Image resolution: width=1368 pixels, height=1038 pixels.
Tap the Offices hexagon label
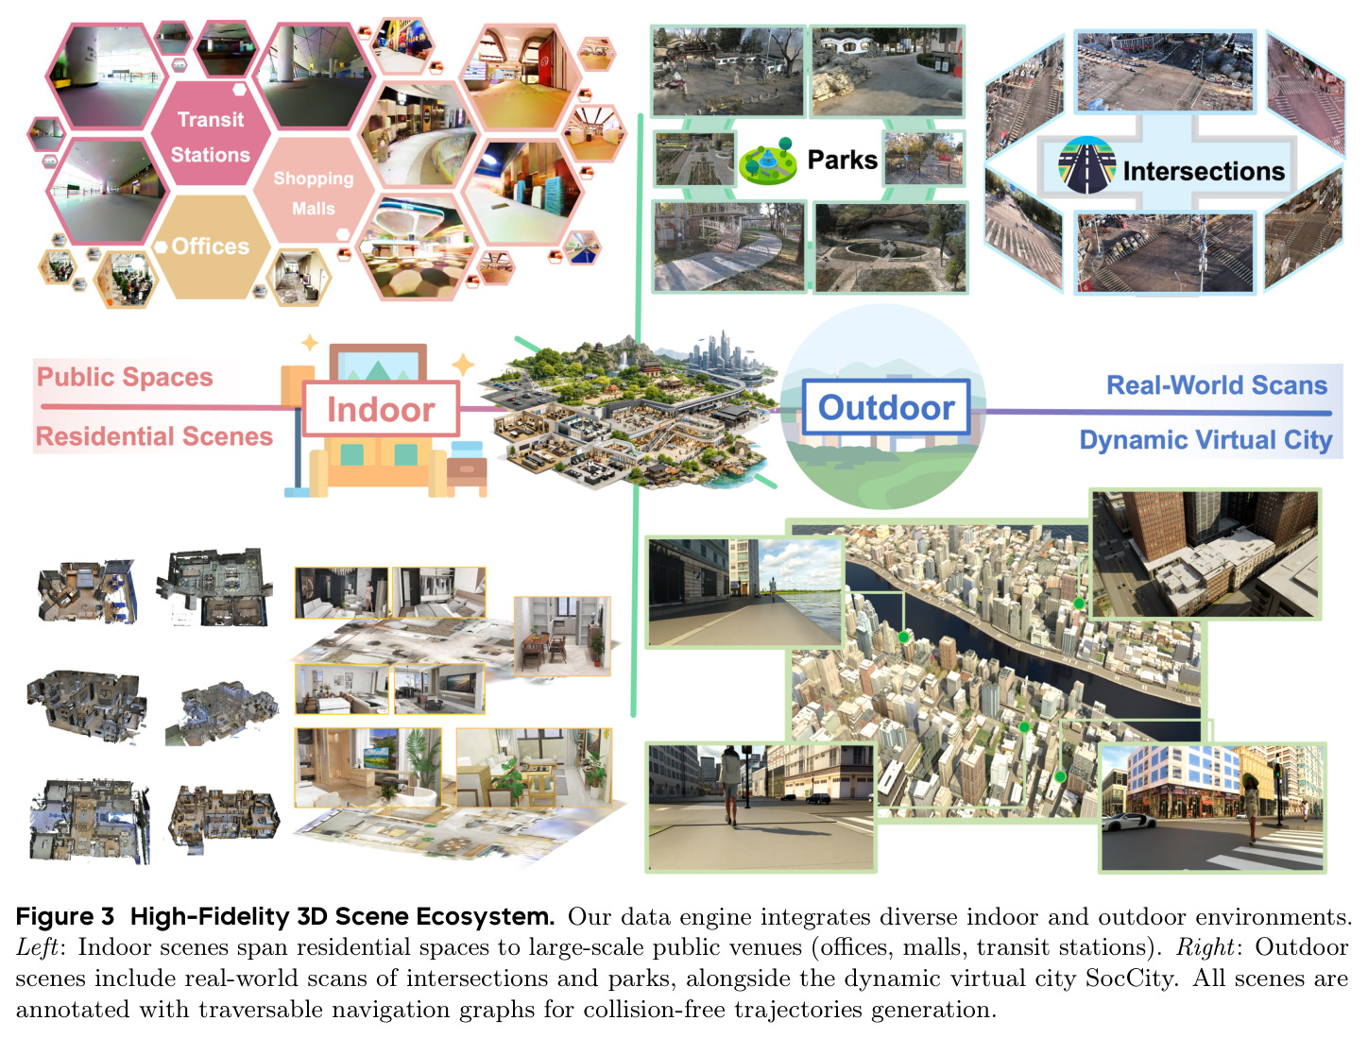211,247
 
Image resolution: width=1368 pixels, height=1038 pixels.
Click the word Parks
842,161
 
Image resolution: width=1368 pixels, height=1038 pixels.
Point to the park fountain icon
768,162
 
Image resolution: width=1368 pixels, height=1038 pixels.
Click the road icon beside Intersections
1086,165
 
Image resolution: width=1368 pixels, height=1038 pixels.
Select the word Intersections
1204,171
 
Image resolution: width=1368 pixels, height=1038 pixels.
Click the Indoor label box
382,409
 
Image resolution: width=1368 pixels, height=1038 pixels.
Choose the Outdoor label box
885,407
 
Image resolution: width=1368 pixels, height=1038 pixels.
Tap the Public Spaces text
125,377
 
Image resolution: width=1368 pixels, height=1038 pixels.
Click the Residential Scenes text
154,436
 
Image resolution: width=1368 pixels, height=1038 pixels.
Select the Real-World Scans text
1217,385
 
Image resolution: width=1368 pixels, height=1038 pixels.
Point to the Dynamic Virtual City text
1206,440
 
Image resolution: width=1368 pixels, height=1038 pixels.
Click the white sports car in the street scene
1122,822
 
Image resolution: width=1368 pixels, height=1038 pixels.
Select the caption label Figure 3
65,916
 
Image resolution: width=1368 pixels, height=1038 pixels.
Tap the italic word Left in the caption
38,947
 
